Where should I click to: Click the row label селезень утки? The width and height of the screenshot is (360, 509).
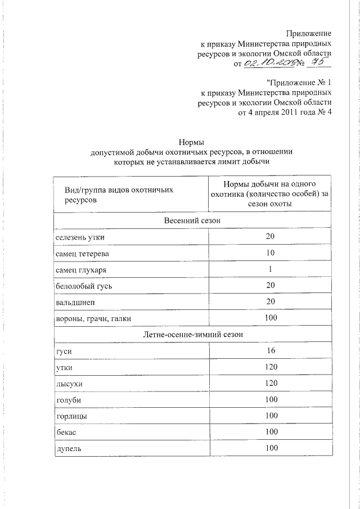(x=80, y=237)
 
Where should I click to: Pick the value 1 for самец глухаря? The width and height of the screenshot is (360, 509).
(x=270, y=270)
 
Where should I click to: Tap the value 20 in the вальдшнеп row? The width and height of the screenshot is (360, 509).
(x=270, y=303)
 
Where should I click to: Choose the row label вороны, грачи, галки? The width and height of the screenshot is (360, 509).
(x=93, y=319)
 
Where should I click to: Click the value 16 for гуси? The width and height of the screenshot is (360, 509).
(x=270, y=351)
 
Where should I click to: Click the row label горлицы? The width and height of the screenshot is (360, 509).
(x=71, y=417)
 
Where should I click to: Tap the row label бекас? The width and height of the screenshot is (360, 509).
(x=66, y=433)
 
